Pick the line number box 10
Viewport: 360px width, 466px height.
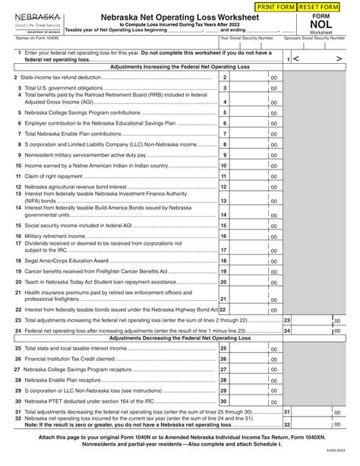click(224, 165)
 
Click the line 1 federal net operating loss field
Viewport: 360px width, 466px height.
click(318, 58)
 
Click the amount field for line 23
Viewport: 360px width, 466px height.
click(312, 321)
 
